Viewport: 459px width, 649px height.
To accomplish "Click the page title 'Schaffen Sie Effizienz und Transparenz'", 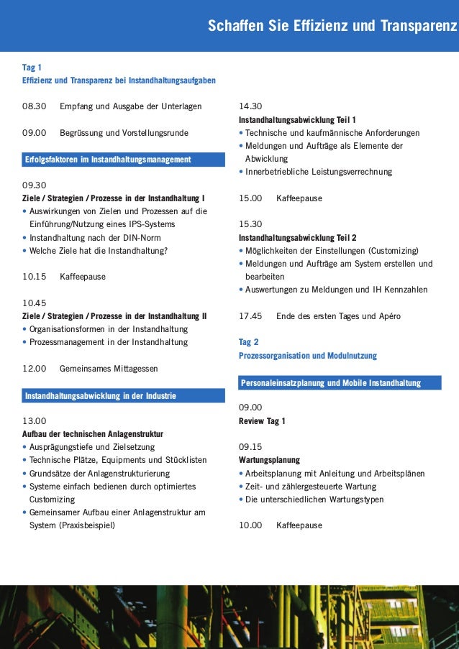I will click(x=332, y=27).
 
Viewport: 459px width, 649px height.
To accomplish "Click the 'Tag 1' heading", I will click(x=32, y=68).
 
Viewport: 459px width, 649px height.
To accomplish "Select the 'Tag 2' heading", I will click(x=248, y=342).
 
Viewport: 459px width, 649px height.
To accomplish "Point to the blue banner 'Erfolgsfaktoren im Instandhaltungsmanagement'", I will click(x=108, y=159).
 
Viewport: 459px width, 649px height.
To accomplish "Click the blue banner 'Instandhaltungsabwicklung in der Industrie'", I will click(x=100, y=396).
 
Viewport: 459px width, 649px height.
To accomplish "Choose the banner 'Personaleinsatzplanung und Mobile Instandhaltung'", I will click(x=331, y=383).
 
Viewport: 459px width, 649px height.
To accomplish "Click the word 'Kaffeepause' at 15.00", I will click(x=299, y=198).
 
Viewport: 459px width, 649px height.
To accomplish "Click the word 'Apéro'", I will click(x=388, y=316).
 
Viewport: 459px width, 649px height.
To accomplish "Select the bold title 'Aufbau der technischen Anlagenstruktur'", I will click(x=93, y=434).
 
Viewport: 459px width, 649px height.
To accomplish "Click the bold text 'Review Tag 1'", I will click(x=262, y=421).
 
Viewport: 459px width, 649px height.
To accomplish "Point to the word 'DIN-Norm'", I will click(x=142, y=238).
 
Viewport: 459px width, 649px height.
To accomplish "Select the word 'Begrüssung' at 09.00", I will click(x=81, y=133).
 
